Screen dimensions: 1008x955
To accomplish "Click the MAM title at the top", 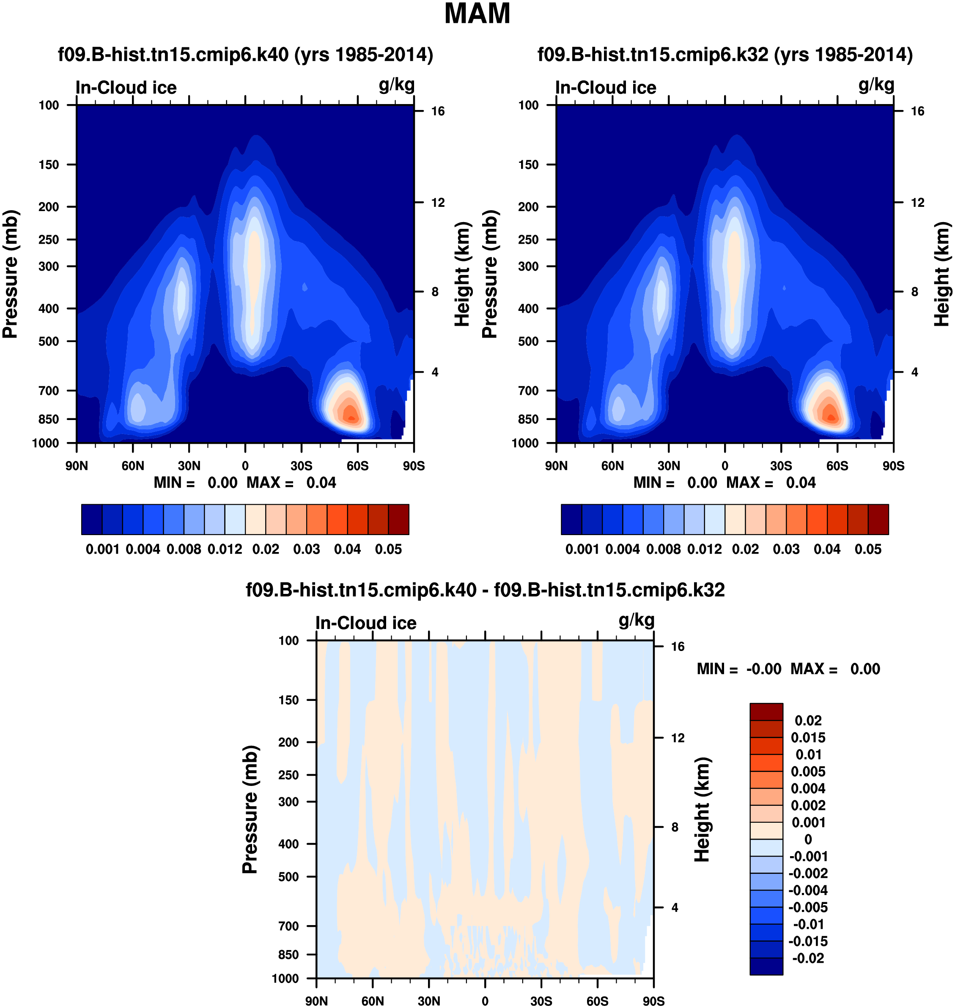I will click(477, 14).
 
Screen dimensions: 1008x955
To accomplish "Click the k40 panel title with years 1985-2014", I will click(245, 55).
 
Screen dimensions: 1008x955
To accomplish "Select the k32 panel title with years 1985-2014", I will click(725, 55).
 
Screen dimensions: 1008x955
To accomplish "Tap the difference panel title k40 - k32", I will click(485, 590).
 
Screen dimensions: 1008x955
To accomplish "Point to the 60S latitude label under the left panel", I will click(357, 466).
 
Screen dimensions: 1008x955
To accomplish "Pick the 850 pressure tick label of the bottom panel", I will click(288, 955).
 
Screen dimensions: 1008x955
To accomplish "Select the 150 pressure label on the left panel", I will click(49, 165).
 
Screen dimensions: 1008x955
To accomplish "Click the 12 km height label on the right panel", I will click(917, 203).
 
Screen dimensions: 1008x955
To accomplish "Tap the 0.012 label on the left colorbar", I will click(225, 549).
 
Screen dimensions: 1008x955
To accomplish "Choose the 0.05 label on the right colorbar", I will click(868, 549).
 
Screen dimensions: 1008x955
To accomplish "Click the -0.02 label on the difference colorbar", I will click(808, 958).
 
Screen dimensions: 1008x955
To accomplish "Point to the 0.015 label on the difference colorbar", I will click(808, 738).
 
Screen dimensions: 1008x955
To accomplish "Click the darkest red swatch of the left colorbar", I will click(398, 519).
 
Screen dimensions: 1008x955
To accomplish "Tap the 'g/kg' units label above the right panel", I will click(876, 85).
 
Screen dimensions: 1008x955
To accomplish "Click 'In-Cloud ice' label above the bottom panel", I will click(365, 623).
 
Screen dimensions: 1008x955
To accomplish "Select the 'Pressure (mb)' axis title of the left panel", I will click(10, 274).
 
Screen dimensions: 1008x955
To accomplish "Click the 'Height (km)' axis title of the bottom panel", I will click(702, 810).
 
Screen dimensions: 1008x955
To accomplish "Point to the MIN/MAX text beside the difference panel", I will click(788, 669).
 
